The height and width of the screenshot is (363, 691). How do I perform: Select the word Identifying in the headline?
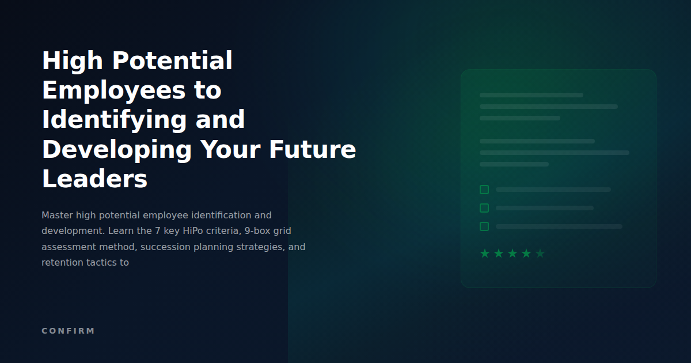[115, 120]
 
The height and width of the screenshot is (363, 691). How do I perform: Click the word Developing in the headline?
[117, 150]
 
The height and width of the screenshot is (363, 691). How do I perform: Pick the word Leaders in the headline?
[95, 179]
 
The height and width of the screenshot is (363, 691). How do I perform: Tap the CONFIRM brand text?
[68, 331]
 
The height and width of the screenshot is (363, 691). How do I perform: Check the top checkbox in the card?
[484, 190]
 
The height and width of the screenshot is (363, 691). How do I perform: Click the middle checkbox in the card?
[484, 208]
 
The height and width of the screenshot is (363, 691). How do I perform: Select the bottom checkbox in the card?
[484, 226]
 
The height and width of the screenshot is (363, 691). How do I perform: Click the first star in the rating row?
[485, 254]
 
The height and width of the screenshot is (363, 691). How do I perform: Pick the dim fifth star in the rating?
[540, 254]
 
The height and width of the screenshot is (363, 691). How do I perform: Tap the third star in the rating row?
[512, 254]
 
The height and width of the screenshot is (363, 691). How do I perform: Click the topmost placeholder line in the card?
[531, 95]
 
